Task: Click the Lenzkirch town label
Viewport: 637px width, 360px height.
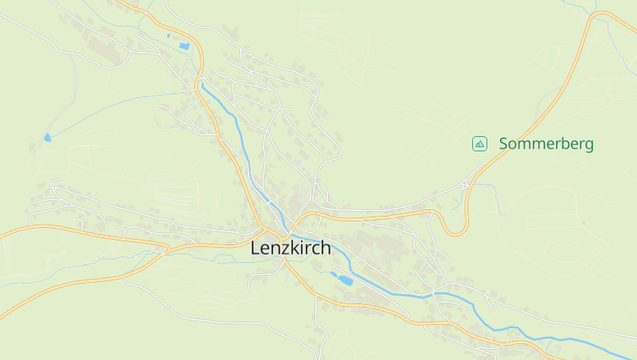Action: click(291, 248)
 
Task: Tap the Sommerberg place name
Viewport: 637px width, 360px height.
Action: click(546, 144)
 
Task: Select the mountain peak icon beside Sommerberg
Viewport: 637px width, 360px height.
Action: click(479, 143)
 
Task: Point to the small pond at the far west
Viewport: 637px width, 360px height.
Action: click(47, 138)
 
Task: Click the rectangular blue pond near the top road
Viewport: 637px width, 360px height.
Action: click(185, 46)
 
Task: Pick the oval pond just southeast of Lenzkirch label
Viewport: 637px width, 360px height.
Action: click(343, 280)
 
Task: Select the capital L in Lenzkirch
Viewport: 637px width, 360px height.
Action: click(256, 248)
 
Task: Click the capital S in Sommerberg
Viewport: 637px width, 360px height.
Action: click(504, 144)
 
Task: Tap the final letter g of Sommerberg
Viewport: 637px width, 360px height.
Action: click(588, 146)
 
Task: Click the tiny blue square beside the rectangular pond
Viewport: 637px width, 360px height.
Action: click(169, 36)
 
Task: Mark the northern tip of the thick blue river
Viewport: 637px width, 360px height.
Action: click(202, 83)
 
